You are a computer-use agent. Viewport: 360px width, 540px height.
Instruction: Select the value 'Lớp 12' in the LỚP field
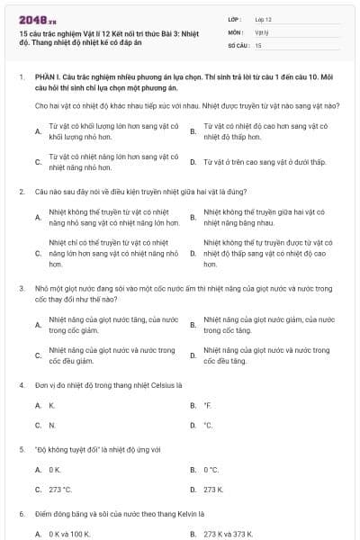[264, 19]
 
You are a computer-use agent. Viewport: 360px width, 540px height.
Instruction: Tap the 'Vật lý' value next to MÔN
[262, 31]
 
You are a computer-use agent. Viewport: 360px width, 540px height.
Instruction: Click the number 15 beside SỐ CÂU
[258, 45]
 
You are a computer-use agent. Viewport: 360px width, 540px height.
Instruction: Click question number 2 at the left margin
[21, 192]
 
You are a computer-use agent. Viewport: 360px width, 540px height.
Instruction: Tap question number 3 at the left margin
[21, 288]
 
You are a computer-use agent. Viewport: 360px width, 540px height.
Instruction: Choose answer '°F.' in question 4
[208, 405]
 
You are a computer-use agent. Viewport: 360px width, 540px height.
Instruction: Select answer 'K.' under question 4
[52, 405]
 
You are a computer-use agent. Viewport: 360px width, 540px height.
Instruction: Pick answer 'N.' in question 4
[52, 425]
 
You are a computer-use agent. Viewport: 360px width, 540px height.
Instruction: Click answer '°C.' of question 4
[208, 425]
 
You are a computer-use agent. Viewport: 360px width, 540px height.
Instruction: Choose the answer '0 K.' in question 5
[55, 470]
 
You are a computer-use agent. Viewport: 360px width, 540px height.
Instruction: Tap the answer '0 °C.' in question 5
[211, 470]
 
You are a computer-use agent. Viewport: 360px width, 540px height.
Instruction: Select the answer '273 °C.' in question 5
[60, 490]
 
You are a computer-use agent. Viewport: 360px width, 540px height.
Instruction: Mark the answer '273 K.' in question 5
[213, 490]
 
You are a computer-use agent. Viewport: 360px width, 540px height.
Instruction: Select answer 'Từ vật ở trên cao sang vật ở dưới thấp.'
[256, 162]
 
